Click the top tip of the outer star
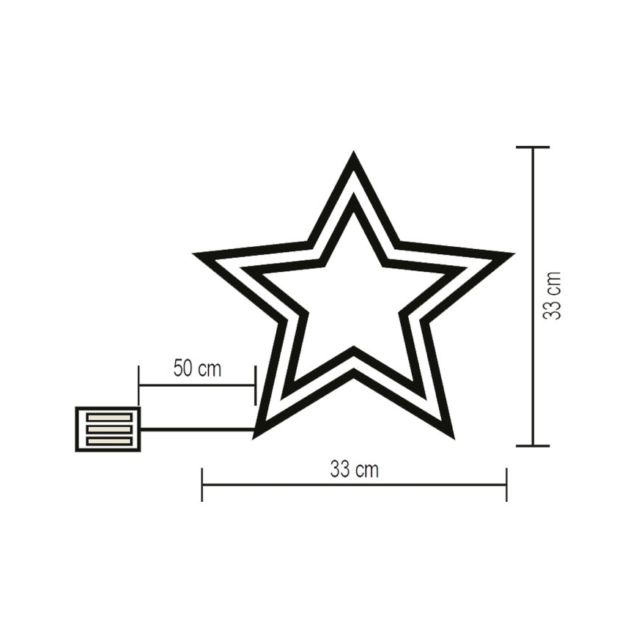tap(354, 155)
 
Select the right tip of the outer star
tap(511, 255)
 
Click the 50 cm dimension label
tap(197, 368)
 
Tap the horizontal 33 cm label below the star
tap(354, 470)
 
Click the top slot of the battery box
tap(108, 417)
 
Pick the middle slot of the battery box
tap(108, 429)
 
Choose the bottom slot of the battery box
tap(108, 440)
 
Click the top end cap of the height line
tap(533, 147)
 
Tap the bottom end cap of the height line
tap(533, 445)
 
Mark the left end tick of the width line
tap(202, 484)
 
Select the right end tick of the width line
tap(506, 484)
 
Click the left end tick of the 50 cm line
tap(138, 385)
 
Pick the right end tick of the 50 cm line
tap(254, 385)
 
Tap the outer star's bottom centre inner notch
tap(354, 373)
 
